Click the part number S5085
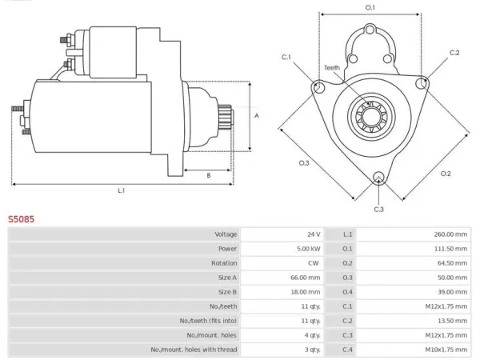21,219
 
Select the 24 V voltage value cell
314,234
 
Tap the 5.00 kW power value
308,249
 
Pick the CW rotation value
314,263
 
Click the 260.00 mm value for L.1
450,234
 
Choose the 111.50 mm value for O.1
450,249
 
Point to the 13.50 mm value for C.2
452,321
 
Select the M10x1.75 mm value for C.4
446,350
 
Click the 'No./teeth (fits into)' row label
208,321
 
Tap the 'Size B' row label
227,292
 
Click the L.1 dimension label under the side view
122,190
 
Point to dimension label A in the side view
257,116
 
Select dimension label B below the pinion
209,176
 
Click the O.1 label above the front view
370,8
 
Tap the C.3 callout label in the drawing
378,210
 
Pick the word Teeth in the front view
332,68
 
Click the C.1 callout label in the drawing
286,58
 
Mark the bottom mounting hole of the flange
378,178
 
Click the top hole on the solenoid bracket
370,30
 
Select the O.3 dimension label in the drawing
304,163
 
